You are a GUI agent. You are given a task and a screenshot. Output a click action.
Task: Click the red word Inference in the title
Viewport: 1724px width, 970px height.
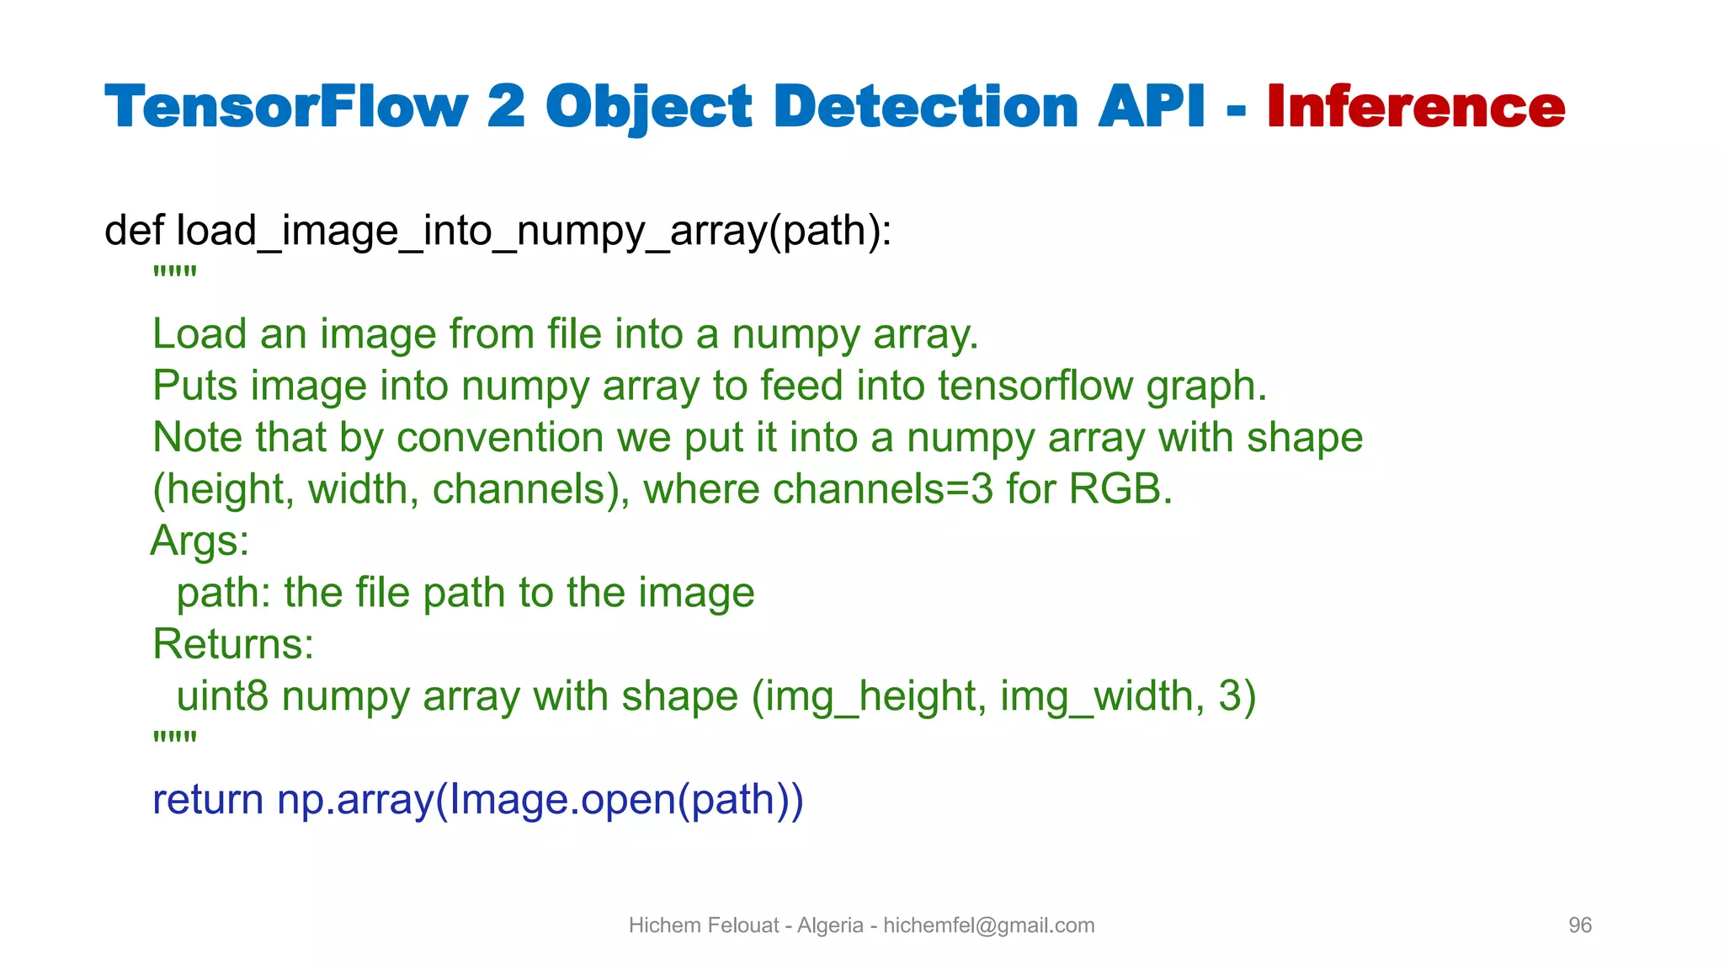(x=1415, y=107)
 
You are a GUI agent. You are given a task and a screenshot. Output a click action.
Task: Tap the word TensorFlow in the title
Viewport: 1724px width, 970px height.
(x=285, y=107)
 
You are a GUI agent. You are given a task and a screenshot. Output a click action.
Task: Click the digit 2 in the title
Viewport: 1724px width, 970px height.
(x=506, y=107)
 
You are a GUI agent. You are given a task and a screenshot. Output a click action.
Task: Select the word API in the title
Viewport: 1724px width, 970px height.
(x=1152, y=107)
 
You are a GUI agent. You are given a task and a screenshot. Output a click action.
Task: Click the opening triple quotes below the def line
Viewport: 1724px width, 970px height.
(x=174, y=273)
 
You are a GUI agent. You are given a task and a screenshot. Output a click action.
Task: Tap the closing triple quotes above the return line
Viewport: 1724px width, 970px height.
(x=174, y=738)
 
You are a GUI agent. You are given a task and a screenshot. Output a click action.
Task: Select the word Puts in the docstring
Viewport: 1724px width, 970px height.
(x=195, y=386)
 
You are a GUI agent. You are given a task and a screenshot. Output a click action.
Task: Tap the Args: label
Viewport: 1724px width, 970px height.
(x=200, y=541)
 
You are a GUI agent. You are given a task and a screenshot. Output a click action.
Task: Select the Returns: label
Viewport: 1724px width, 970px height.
(x=233, y=644)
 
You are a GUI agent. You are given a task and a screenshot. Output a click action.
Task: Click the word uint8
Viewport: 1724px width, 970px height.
(x=222, y=696)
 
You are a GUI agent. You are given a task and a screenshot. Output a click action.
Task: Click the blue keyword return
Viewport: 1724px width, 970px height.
(x=208, y=800)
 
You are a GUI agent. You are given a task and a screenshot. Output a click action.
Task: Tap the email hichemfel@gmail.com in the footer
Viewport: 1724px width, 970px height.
(x=988, y=925)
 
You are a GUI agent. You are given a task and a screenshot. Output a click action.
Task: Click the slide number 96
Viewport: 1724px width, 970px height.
(x=1579, y=925)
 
